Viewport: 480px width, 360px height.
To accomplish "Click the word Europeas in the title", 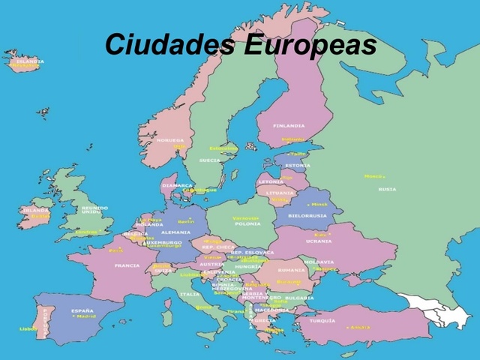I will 310,44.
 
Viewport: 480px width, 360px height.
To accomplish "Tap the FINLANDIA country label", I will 289,126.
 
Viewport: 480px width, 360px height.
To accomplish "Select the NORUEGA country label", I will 169,140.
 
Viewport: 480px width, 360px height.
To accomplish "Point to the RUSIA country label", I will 387,189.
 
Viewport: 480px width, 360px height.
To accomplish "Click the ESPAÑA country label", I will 82,310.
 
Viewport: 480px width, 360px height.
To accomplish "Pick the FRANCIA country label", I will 127,265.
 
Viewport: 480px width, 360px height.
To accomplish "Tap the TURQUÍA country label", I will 322,320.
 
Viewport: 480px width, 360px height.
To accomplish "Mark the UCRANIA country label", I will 318,241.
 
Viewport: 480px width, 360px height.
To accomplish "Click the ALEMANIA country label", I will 175,232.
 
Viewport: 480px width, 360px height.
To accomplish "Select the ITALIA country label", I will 190,294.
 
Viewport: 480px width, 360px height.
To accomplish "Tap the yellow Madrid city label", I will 87,316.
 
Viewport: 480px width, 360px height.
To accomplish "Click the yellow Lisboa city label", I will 28,328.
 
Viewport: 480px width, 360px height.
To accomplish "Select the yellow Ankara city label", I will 359,327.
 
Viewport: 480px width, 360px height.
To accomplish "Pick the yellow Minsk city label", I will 319,204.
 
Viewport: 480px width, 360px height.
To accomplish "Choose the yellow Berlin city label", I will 186,221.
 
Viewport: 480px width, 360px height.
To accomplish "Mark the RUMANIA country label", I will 291,269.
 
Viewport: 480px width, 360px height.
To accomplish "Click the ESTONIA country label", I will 298,165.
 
